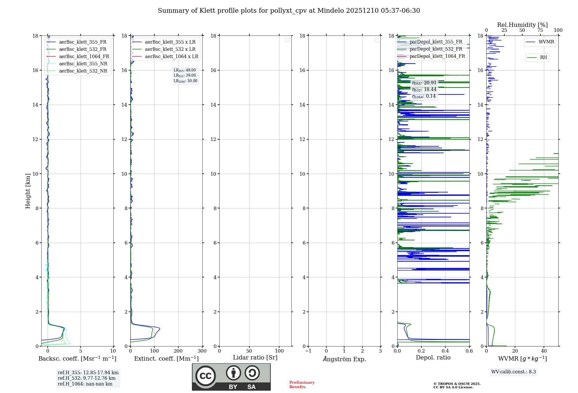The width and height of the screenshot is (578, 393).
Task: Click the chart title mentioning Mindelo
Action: [289, 11]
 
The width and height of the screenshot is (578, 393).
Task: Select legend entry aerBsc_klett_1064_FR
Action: [84, 57]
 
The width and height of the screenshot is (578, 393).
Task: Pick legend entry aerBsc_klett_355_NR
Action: [83, 64]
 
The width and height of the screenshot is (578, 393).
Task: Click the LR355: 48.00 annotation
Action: [185, 70]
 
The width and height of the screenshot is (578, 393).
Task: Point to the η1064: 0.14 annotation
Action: [424, 96]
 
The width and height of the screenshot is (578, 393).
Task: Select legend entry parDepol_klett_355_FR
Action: [436, 42]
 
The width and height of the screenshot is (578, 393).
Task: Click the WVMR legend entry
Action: [546, 42]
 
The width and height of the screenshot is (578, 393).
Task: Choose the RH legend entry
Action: [543, 58]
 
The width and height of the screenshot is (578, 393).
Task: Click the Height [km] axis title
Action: [28, 191]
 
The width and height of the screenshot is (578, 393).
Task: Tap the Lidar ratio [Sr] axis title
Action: [255, 358]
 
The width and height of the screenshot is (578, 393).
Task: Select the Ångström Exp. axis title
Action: [344, 359]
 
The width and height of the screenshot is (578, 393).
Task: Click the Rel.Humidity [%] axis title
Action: [522, 25]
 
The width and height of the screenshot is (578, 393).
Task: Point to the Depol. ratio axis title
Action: [433, 358]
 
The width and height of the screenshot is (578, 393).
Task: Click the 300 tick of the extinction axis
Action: [202, 351]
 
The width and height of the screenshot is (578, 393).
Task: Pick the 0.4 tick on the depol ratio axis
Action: [445, 351]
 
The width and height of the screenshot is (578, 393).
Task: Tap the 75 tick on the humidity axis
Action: [540, 30]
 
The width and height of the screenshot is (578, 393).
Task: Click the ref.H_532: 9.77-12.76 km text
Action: [86, 378]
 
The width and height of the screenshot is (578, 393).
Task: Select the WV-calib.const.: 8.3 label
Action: [513, 372]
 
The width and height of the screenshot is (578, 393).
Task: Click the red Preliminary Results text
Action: [302, 385]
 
